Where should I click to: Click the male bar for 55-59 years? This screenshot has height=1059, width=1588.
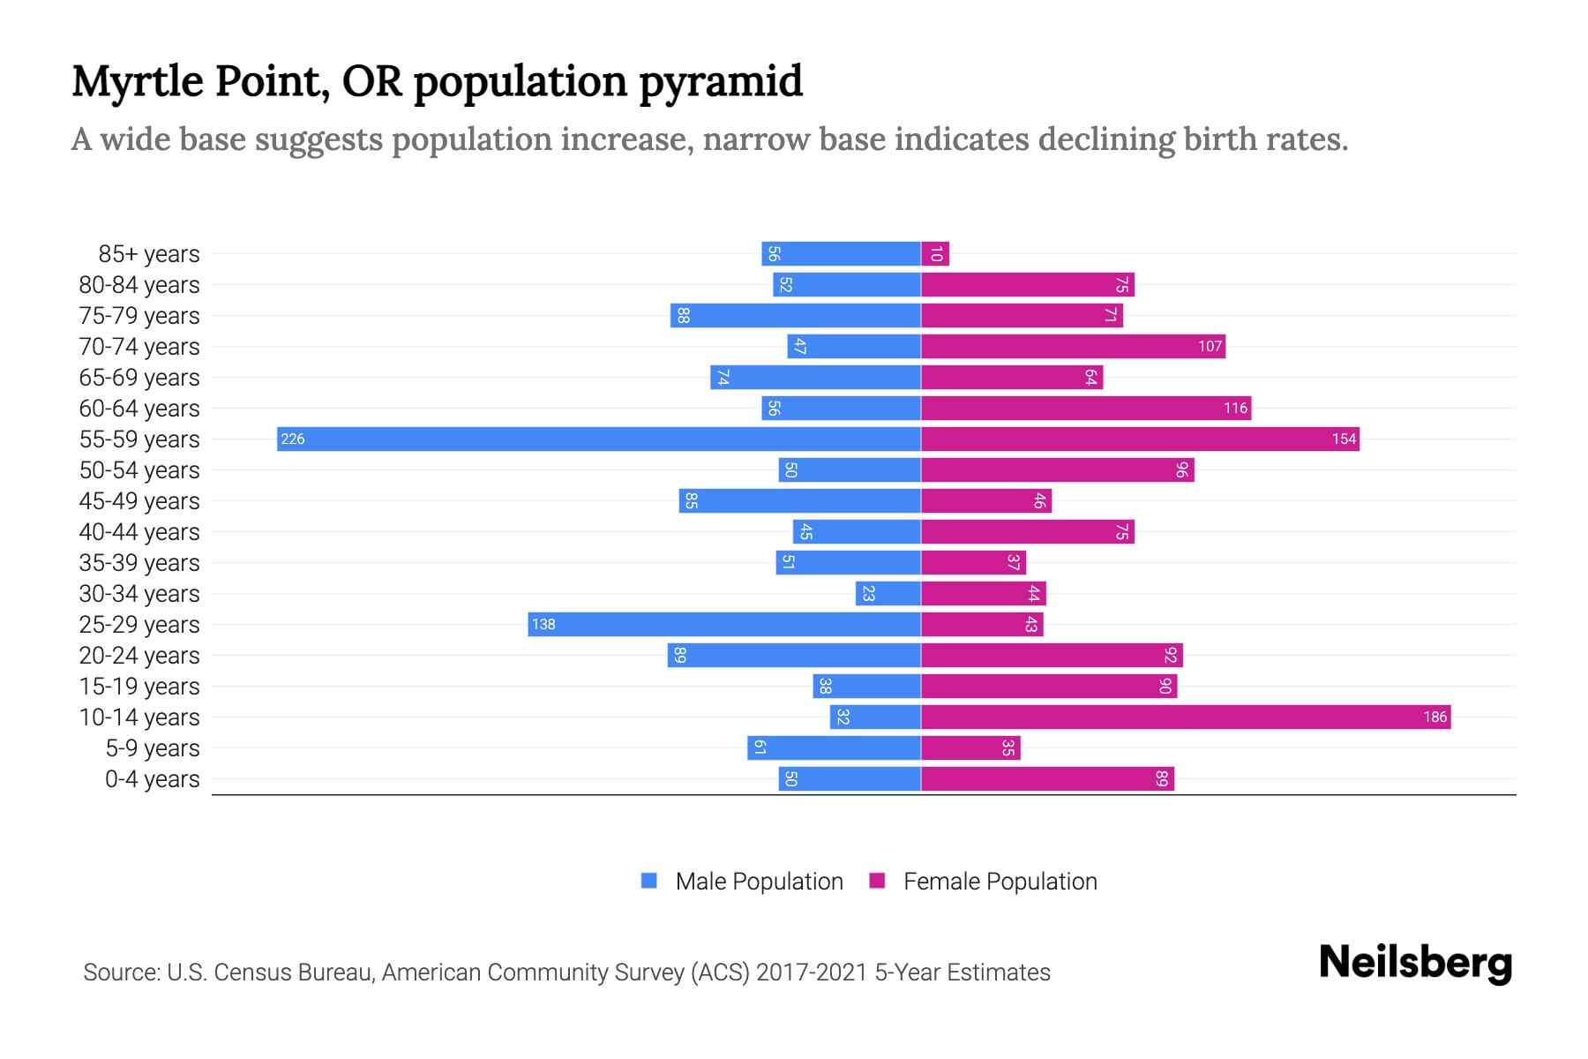point(600,439)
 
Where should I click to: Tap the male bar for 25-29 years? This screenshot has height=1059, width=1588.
point(725,624)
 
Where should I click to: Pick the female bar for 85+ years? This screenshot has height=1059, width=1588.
point(935,254)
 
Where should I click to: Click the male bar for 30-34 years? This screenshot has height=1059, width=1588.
point(888,593)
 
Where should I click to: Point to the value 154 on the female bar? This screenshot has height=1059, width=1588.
point(1344,439)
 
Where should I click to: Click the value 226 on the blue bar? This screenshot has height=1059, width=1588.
point(293,439)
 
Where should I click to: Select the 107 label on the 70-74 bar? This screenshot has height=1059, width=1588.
point(1210,346)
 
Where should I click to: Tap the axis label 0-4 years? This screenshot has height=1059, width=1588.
point(152,779)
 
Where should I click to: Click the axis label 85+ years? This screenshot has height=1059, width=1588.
point(148,254)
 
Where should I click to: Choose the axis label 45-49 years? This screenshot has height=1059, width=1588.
point(139,500)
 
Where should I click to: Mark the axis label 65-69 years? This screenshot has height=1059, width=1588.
point(139,377)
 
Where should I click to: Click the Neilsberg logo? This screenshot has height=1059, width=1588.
point(1415,962)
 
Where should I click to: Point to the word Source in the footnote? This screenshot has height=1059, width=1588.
point(121,972)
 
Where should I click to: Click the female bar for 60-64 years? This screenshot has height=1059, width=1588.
point(1085,408)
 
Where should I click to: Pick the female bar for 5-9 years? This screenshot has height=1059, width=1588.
point(970,747)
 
